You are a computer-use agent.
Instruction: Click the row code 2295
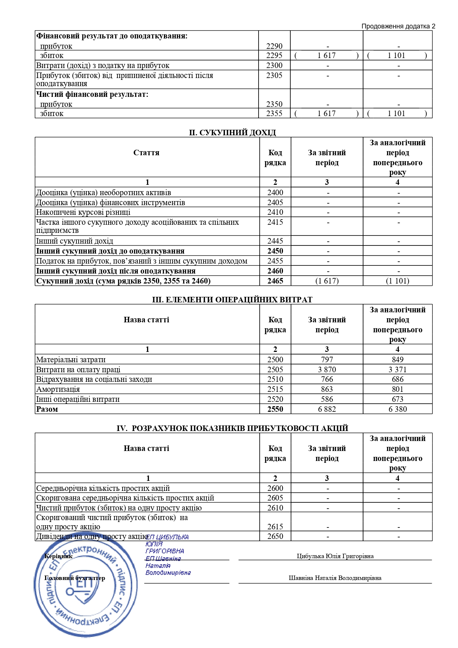pos(274,55)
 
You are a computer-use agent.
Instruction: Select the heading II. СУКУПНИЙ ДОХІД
pos(232,132)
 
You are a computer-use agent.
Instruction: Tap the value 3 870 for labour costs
pos(327,369)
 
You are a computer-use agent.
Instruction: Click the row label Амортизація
pos(58,389)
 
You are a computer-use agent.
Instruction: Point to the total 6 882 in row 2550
pos(327,409)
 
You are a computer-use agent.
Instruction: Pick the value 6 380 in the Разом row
pos(397,409)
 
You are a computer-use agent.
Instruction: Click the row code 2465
pos(275,281)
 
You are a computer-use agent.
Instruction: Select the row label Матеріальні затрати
pos(71,360)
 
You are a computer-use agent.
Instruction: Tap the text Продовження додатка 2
pos(398,26)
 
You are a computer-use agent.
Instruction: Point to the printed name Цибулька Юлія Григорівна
pos(335,556)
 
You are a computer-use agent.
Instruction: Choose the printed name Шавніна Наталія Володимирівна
pos(335,578)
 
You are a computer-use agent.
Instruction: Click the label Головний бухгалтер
pos(75,578)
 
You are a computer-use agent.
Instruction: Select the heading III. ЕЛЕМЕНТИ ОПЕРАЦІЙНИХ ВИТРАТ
pos(232,299)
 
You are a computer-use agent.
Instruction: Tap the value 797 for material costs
pos(327,360)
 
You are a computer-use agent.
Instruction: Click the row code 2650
pos(275,536)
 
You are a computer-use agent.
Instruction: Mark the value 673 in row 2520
pos(397,399)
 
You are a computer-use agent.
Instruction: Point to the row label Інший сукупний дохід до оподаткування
pos(110,251)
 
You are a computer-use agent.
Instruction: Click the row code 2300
pos(274,65)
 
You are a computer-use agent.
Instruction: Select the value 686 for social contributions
pos(397,379)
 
